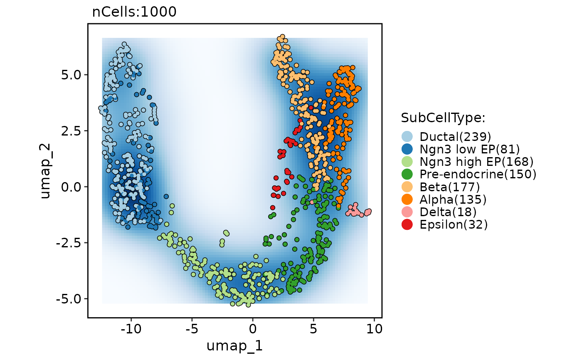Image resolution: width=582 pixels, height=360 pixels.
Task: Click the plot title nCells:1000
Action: coord(134,12)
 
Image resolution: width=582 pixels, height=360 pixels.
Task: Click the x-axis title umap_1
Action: coord(234,345)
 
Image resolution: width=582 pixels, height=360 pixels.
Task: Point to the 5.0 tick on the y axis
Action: coord(73,75)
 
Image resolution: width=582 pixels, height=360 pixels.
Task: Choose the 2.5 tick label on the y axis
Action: coord(73,131)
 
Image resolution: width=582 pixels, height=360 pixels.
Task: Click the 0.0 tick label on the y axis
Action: coord(73,187)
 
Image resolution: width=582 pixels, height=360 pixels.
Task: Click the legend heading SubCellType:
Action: coord(443,118)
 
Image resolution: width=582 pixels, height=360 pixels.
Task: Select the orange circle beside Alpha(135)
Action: coord(407,200)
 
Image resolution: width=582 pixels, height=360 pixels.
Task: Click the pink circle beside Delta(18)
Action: coord(407,212)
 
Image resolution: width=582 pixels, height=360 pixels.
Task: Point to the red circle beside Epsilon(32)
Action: coord(407,224)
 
